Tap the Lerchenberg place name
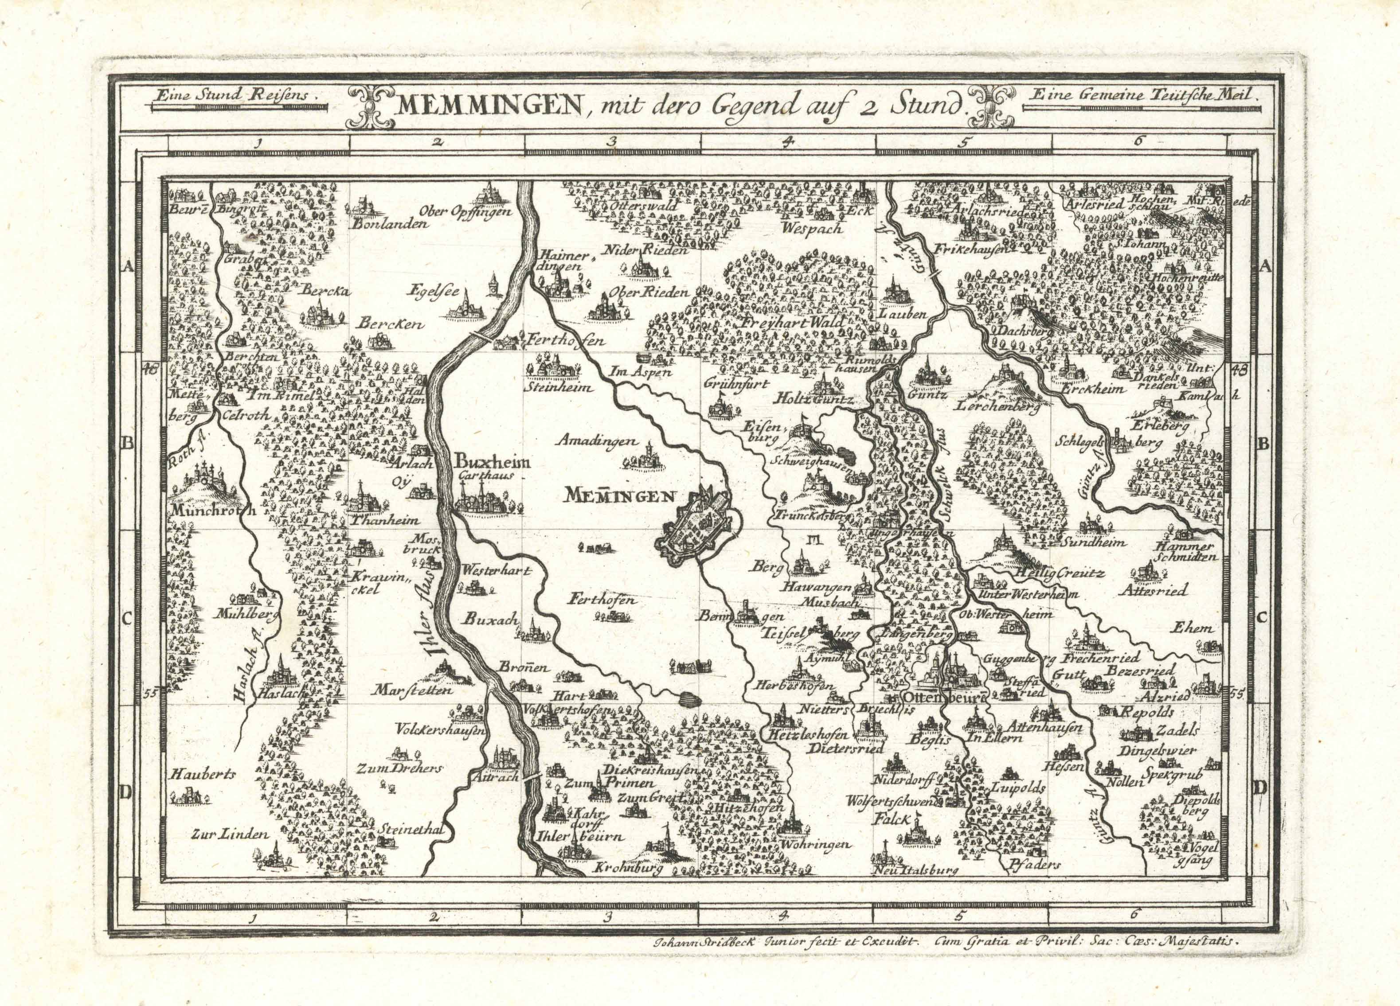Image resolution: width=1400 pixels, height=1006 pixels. coord(997,407)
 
